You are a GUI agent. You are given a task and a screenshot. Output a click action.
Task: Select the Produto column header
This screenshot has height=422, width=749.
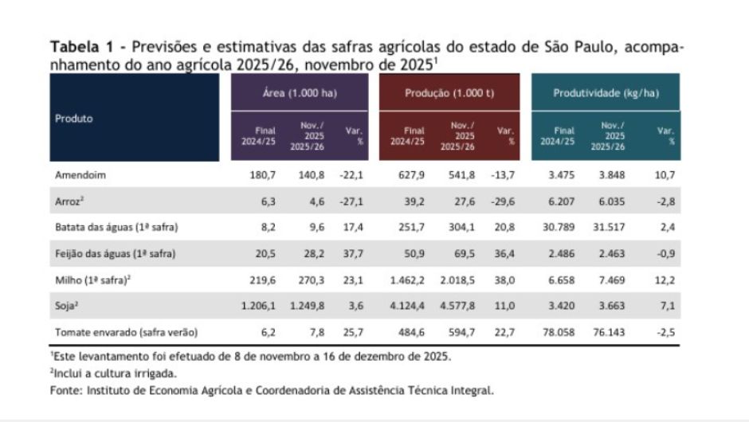(x=74, y=119)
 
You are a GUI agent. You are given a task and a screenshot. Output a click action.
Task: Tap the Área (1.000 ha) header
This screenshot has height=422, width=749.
(x=300, y=93)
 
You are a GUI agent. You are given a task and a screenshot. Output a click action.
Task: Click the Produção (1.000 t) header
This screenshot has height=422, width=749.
(x=449, y=93)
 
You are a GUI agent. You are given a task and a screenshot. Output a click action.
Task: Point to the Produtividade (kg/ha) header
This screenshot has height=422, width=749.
(x=606, y=93)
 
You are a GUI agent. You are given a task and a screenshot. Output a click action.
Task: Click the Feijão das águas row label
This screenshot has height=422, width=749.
(x=115, y=253)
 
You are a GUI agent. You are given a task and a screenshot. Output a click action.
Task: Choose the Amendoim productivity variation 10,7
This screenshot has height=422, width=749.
(x=664, y=174)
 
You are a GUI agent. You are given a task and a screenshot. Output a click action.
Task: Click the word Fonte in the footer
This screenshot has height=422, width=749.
(x=65, y=390)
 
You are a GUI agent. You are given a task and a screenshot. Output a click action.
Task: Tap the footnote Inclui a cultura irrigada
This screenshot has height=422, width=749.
(x=113, y=373)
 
